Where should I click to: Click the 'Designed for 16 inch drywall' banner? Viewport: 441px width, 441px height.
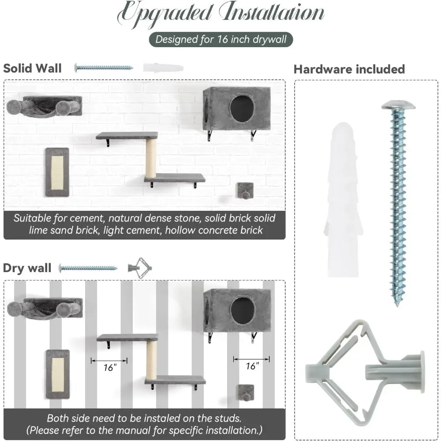[x=221, y=39]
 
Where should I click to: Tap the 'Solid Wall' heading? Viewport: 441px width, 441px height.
[x=32, y=68]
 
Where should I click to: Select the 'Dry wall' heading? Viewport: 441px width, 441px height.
[x=27, y=268]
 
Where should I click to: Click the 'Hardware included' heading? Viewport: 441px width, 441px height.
[x=349, y=69]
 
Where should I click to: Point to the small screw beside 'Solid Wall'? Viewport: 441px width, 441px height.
[x=104, y=67]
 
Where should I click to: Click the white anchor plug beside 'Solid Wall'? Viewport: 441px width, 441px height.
[x=163, y=68]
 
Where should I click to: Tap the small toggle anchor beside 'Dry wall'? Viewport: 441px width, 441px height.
[x=140, y=268]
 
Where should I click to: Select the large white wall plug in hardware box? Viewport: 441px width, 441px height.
[x=344, y=200]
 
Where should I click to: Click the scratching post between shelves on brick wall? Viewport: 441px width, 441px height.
[x=151, y=158]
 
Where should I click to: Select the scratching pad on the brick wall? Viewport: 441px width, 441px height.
[x=57, y=172]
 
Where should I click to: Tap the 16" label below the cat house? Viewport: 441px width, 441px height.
[x=252, y=366]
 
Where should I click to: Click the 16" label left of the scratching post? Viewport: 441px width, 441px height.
[x=110, y=367]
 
